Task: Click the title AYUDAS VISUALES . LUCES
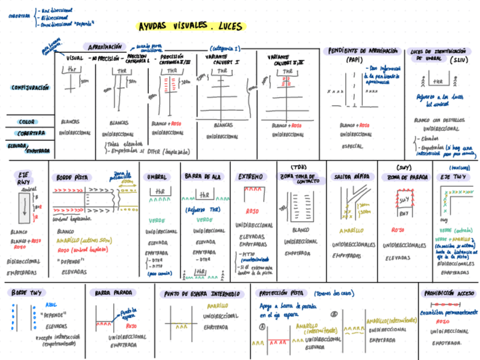190,27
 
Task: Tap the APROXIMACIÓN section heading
104,47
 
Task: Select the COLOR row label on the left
28,122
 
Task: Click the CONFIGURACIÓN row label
30,88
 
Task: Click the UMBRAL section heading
157,177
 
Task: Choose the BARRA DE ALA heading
203,177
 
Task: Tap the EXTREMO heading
250,177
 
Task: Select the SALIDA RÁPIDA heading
350,177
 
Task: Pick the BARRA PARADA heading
114,293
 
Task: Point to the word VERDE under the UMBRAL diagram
157,221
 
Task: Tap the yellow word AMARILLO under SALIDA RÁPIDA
352,231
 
